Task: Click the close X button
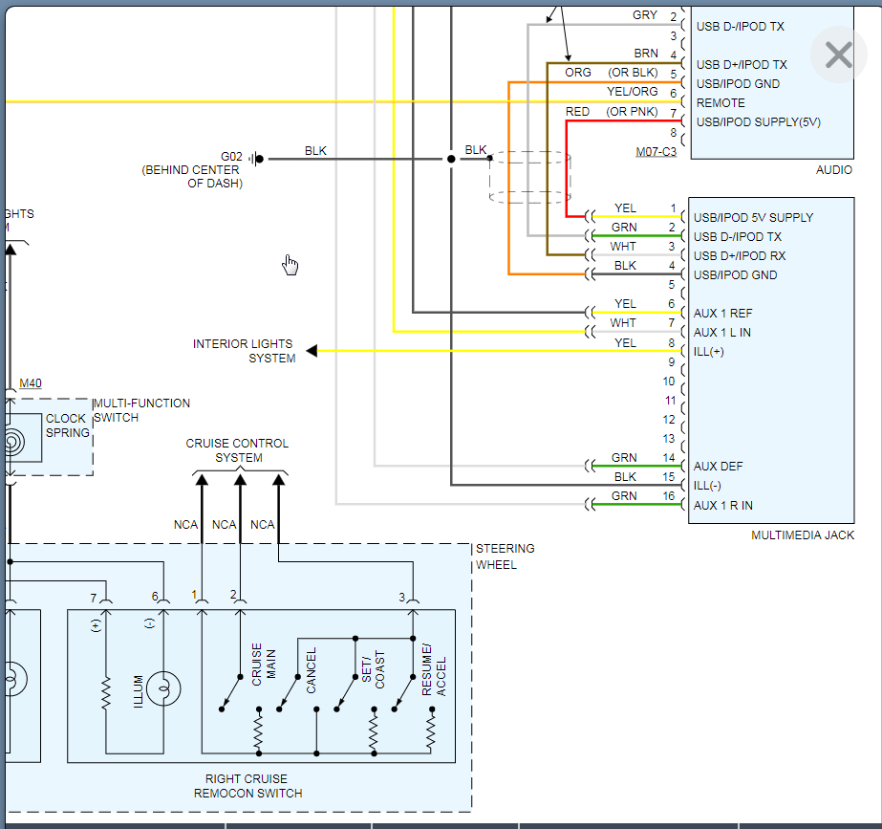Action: click(838, 55)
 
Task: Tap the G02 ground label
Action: click(232, 157)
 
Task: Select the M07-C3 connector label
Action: click(656, 152)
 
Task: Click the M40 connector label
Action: click(31, 383)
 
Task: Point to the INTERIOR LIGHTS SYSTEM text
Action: click(243, 351)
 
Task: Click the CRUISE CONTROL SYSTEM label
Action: click(237, 450)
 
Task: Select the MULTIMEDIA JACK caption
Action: click(803, 535)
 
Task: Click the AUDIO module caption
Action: click(834, 170)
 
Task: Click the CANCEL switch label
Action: click(312, 670)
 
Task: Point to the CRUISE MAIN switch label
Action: click(264, 664)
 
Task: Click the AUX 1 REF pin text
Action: click(722, 314)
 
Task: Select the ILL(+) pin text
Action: click(709, 352)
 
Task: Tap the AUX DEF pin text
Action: click(718, 467)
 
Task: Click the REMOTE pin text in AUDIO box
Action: click(721, 103)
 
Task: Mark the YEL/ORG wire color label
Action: click(632, 92)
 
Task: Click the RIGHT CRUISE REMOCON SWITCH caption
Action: click(247, 786)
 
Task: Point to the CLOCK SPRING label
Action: click(67, 425)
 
